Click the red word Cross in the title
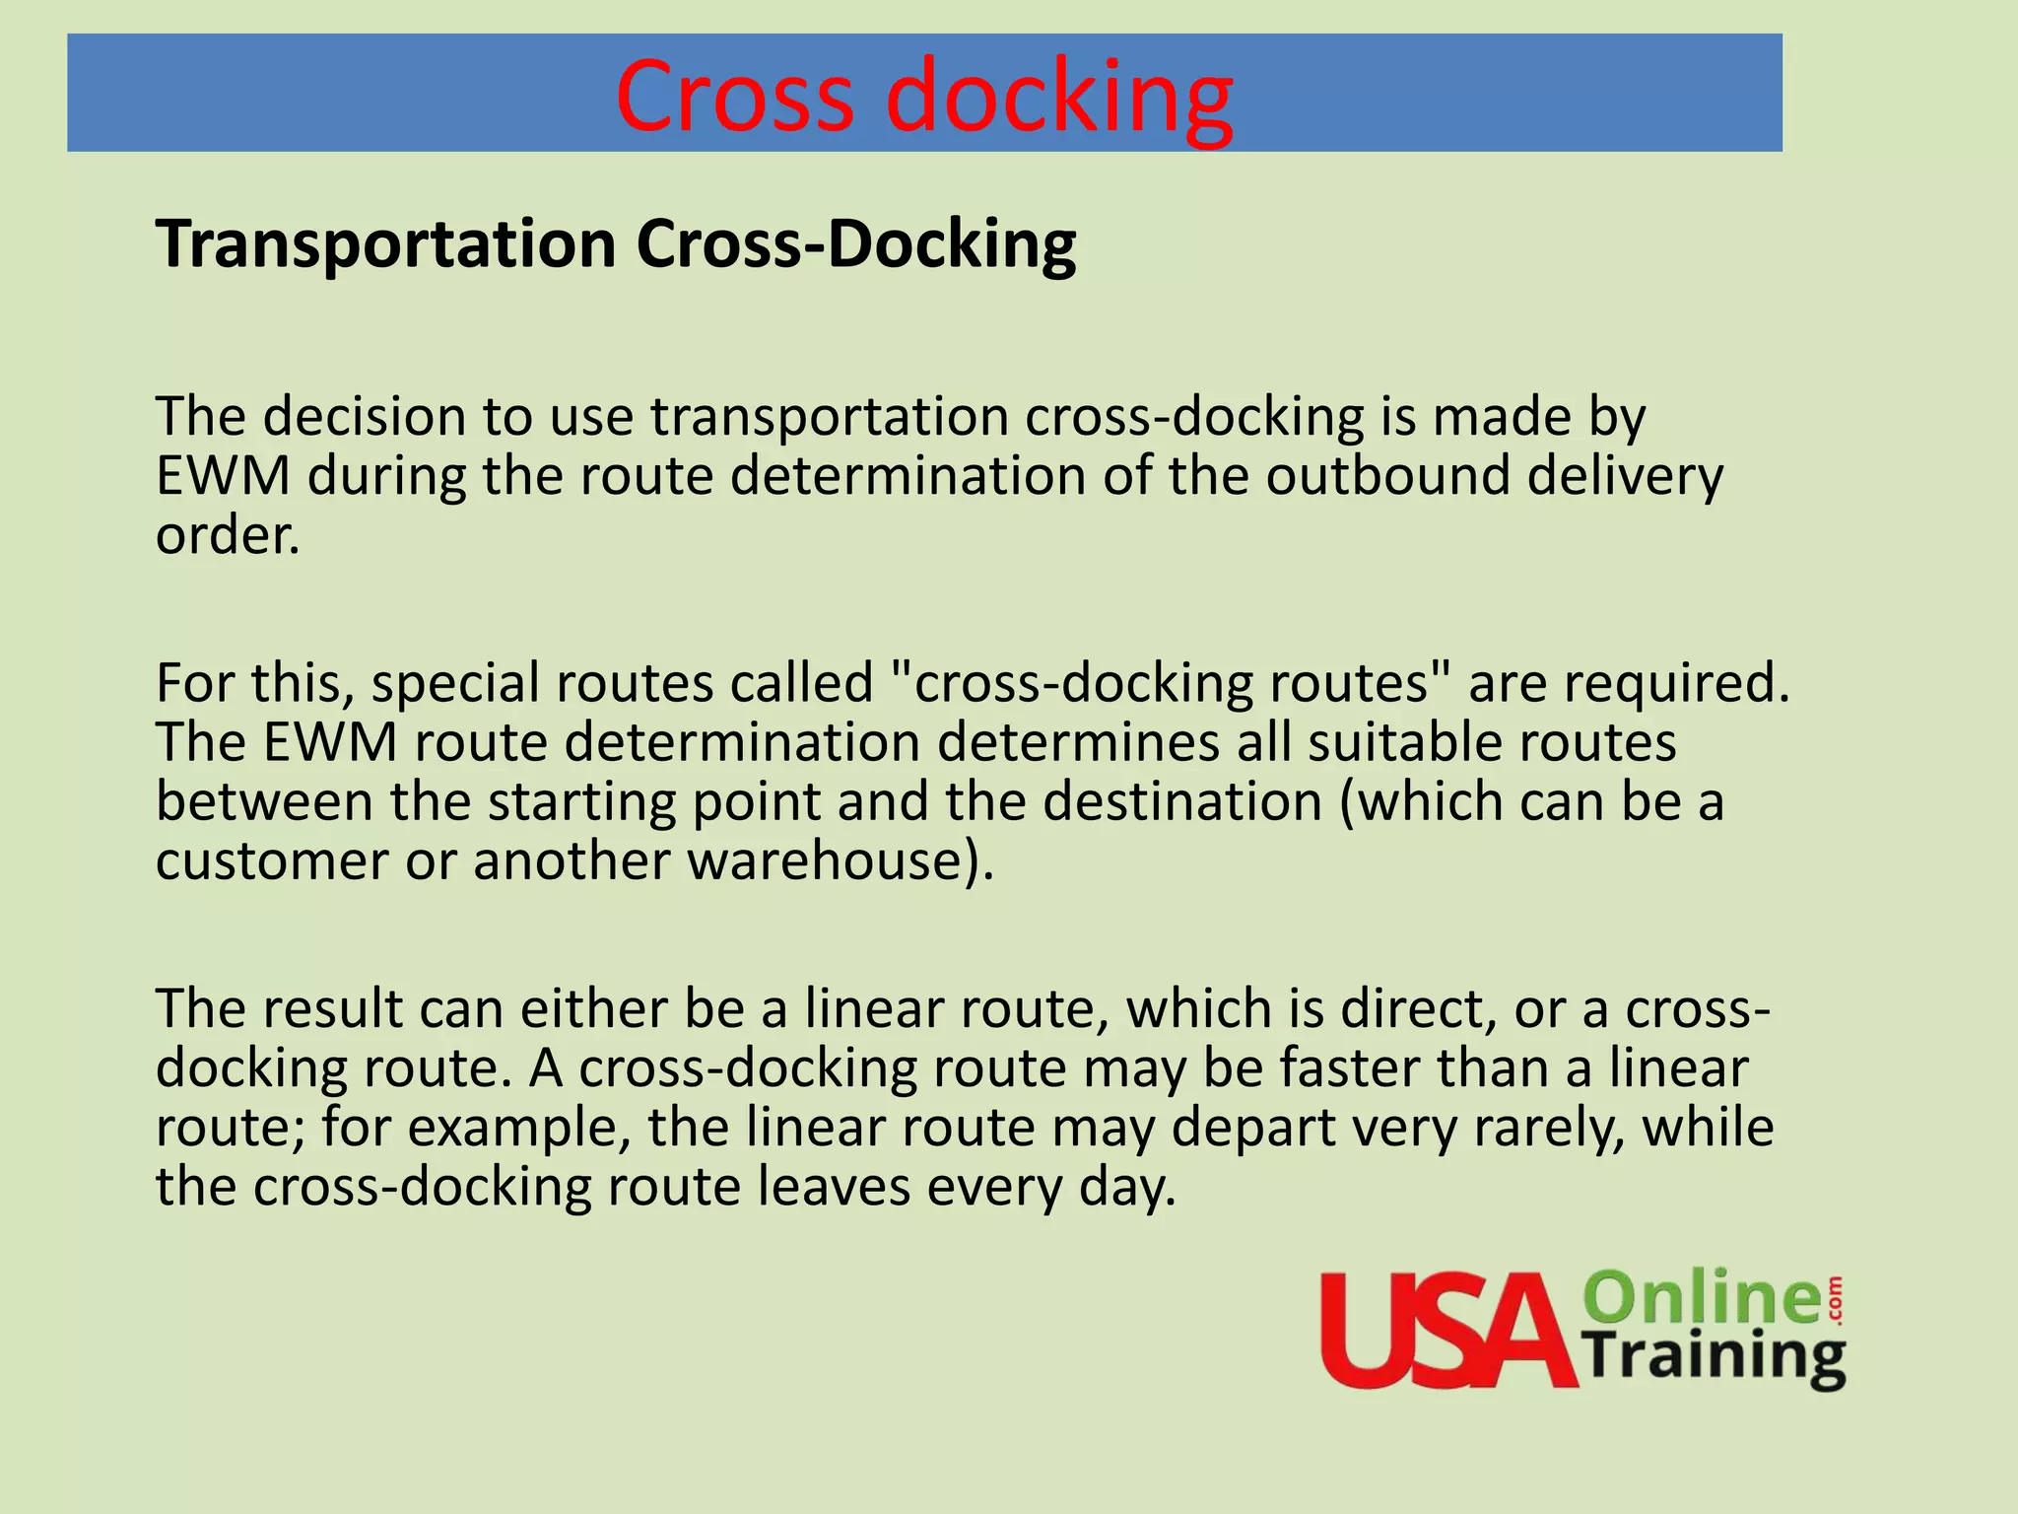click(x=733, y=96)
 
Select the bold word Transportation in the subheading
click(x=385, y=243)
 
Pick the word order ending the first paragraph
click(x=227, y=535)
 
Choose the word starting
click(x=581, y=801)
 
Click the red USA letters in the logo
click(x=1448, y=1331)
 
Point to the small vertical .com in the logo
click(x=1834, y=1298)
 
